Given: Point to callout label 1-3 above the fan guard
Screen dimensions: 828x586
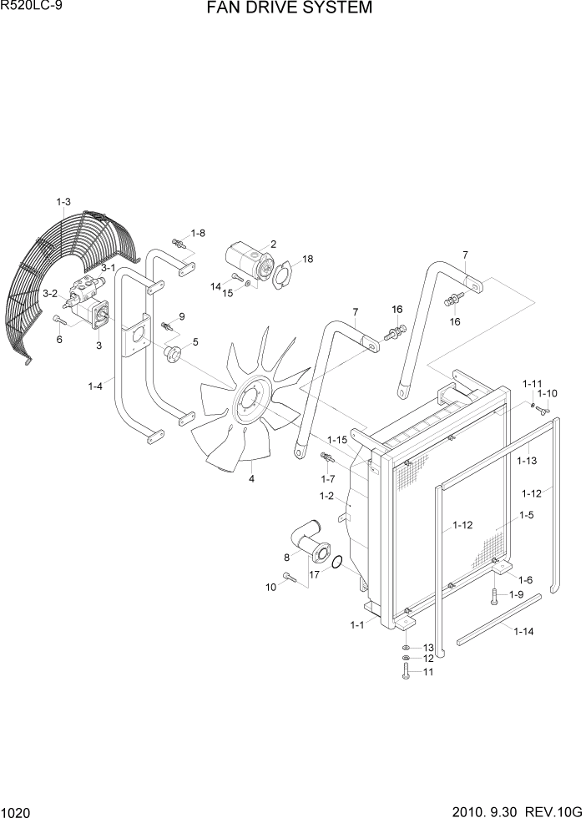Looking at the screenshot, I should tap(63, 201).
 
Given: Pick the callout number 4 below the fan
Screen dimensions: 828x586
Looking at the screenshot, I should tap(250, 478).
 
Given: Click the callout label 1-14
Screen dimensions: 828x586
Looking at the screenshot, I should tap(523, 632).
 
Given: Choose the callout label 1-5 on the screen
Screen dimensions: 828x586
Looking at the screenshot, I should tap(525, 516).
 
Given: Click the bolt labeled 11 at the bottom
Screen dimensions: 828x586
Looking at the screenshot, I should tap(406, 672).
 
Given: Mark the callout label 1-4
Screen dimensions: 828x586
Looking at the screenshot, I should tap(95, 386).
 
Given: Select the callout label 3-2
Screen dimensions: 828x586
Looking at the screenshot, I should tap(50, 293).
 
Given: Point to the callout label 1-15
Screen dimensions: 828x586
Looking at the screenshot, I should tap(336, 440).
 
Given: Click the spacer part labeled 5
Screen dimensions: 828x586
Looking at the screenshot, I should tap(174, 355).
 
